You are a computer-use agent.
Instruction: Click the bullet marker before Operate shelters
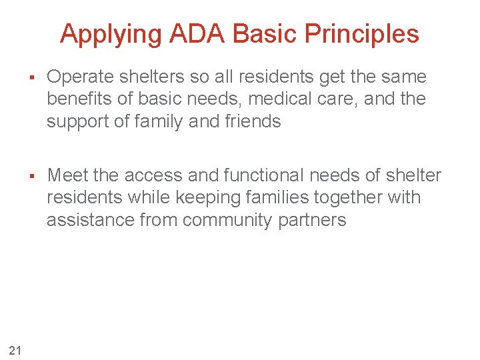click(x=31, y=77)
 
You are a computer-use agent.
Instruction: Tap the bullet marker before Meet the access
click(x=31, y=175)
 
